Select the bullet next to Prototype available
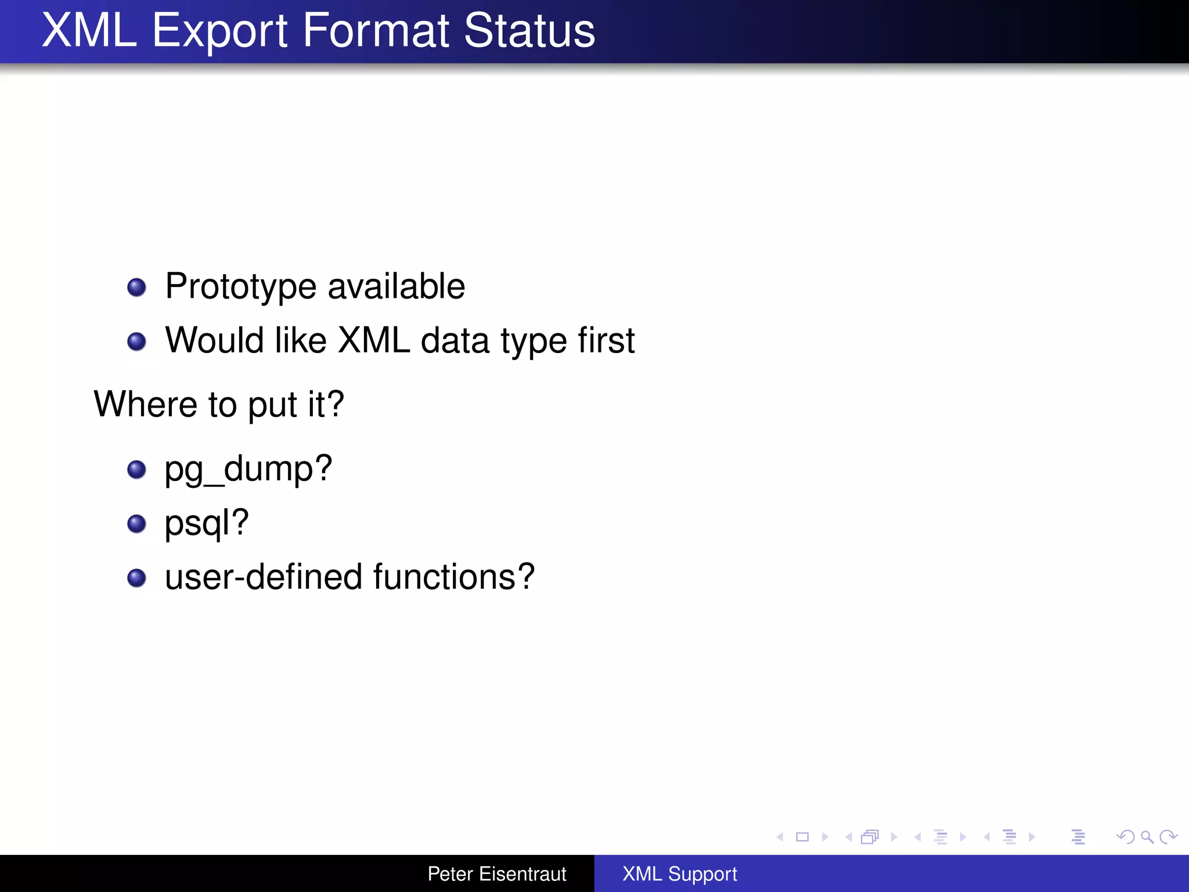pyautogui.click(x=136, y=287)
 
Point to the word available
pyautogui.click(x=396, y=287)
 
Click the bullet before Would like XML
pyautogui.click(x=136, y=341)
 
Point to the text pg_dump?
pyautogui.click(x=248, y=469)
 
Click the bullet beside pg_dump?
pyautogui.click(x=136, y=469)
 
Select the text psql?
pyautogui.click(x=207, y=523)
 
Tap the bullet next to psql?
pyautogui.click(x=136, y=523)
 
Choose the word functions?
pyautogui.click(x=453, y=577)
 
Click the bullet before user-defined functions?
pyautogui.click(x=136, y=578)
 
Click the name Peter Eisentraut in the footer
pyautogui.click(x=496, y=874)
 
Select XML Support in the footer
pyautogui.click(x=679, y=874)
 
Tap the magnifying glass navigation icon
pyautogui.click(x=1147, y=837)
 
